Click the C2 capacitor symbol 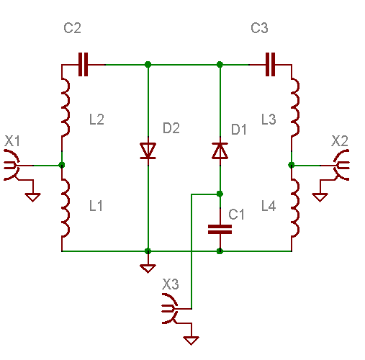[x=83, y=65]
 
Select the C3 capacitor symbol [x=270, y=65]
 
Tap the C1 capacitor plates [x=220, y=230]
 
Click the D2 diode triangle [x=148, y=150]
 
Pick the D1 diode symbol [x=220, y=150]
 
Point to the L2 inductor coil [x=66, y=107]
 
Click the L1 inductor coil [x=66, y=207]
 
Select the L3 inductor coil [x=296, y=107]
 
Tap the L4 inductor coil [x=296, y=207]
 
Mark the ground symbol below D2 [x=148, y=269]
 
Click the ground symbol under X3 [x=191, y=341]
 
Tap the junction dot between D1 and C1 [x=220, y=194]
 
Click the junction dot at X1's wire [x=62, y=165]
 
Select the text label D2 [x=171, y=128]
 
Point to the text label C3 [x=259, y=28]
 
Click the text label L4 [x=269, y=206]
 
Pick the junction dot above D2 [x=148, y=64]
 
